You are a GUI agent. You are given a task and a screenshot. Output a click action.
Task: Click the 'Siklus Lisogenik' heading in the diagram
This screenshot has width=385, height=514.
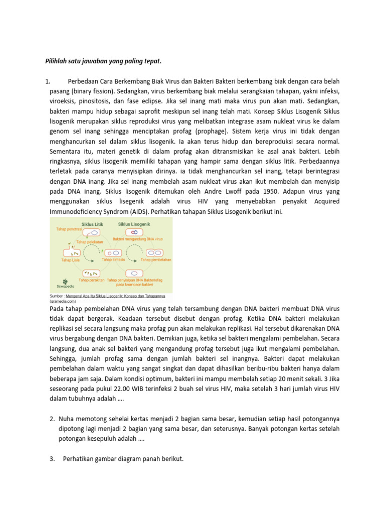click(134, 224)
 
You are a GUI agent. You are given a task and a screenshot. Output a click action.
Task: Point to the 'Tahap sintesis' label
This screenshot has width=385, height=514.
click(113, 260)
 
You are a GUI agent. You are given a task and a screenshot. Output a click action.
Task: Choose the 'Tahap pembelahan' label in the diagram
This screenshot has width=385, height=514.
click(156, 260)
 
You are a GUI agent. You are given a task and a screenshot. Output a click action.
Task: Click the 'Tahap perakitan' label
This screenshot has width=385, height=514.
click(91, 280)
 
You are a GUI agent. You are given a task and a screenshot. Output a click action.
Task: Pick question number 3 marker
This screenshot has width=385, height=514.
click(52, 458)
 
